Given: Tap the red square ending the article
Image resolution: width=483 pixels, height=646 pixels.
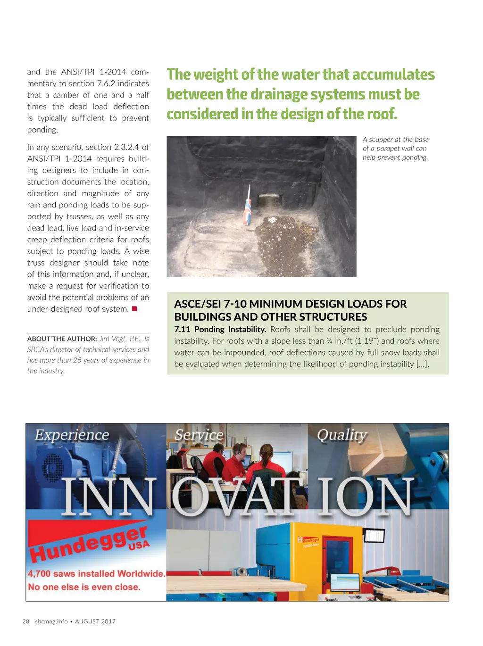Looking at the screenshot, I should tap(134, 309).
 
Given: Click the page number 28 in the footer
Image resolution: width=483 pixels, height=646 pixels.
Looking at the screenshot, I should tap(26, 621).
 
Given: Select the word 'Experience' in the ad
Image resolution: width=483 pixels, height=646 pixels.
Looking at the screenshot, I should tap(72, 435).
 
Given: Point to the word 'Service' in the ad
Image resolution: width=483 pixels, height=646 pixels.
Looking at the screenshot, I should tap(199, 435).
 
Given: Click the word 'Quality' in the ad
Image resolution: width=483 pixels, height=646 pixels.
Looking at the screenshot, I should tap(342, 435).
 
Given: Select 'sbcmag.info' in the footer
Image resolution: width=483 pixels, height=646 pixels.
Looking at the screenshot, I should tap(51, 621).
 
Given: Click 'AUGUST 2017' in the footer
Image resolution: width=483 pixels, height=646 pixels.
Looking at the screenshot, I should tap(95, 621).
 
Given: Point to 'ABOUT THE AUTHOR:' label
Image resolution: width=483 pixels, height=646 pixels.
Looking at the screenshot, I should tap(62, 339).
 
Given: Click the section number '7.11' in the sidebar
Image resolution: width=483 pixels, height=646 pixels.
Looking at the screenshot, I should tap(182, 330).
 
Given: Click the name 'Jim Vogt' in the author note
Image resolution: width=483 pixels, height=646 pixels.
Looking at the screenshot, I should tap(113, 339).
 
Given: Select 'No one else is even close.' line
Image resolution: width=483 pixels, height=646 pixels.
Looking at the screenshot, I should tap(84, 587).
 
